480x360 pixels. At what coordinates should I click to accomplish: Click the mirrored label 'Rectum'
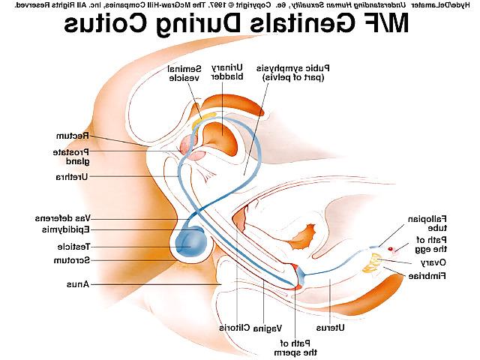click(x=73, y=136)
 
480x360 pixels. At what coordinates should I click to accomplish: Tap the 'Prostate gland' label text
click(x=71, y=157)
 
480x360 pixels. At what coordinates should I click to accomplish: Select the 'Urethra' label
click(x=72, y=177)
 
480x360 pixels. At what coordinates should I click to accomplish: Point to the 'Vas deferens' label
click(x=63, y=218)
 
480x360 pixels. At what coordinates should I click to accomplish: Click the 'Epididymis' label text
click(x=65, y=229)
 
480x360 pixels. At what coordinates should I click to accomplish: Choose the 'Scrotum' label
click(x=72, y=260)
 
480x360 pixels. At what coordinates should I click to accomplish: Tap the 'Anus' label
click(x=78, y=284)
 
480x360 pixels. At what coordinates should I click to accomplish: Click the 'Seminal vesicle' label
click(x=184, y=73)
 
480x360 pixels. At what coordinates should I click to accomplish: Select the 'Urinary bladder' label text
click(x=227, y=72)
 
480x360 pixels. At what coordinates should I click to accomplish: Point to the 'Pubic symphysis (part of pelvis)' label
click(x=293, y=73)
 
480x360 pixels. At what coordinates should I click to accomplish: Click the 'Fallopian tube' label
click(x=427, y=223)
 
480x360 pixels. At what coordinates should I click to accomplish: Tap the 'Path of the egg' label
click(x=431, y=244)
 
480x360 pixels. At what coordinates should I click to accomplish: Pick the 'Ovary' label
click(x=433, y=262)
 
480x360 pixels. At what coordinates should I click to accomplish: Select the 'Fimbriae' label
click(x=427, y=276)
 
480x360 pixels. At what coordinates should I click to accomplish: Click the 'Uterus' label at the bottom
click(x=330, y=328)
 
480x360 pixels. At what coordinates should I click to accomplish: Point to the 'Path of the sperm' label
click(x=295, y=348)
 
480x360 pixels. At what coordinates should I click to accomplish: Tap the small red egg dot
click(x=390, y=249)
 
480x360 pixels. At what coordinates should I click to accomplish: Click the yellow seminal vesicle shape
click(x=203, y=119)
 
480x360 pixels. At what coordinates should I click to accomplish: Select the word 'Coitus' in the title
click(x=106, y=24)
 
